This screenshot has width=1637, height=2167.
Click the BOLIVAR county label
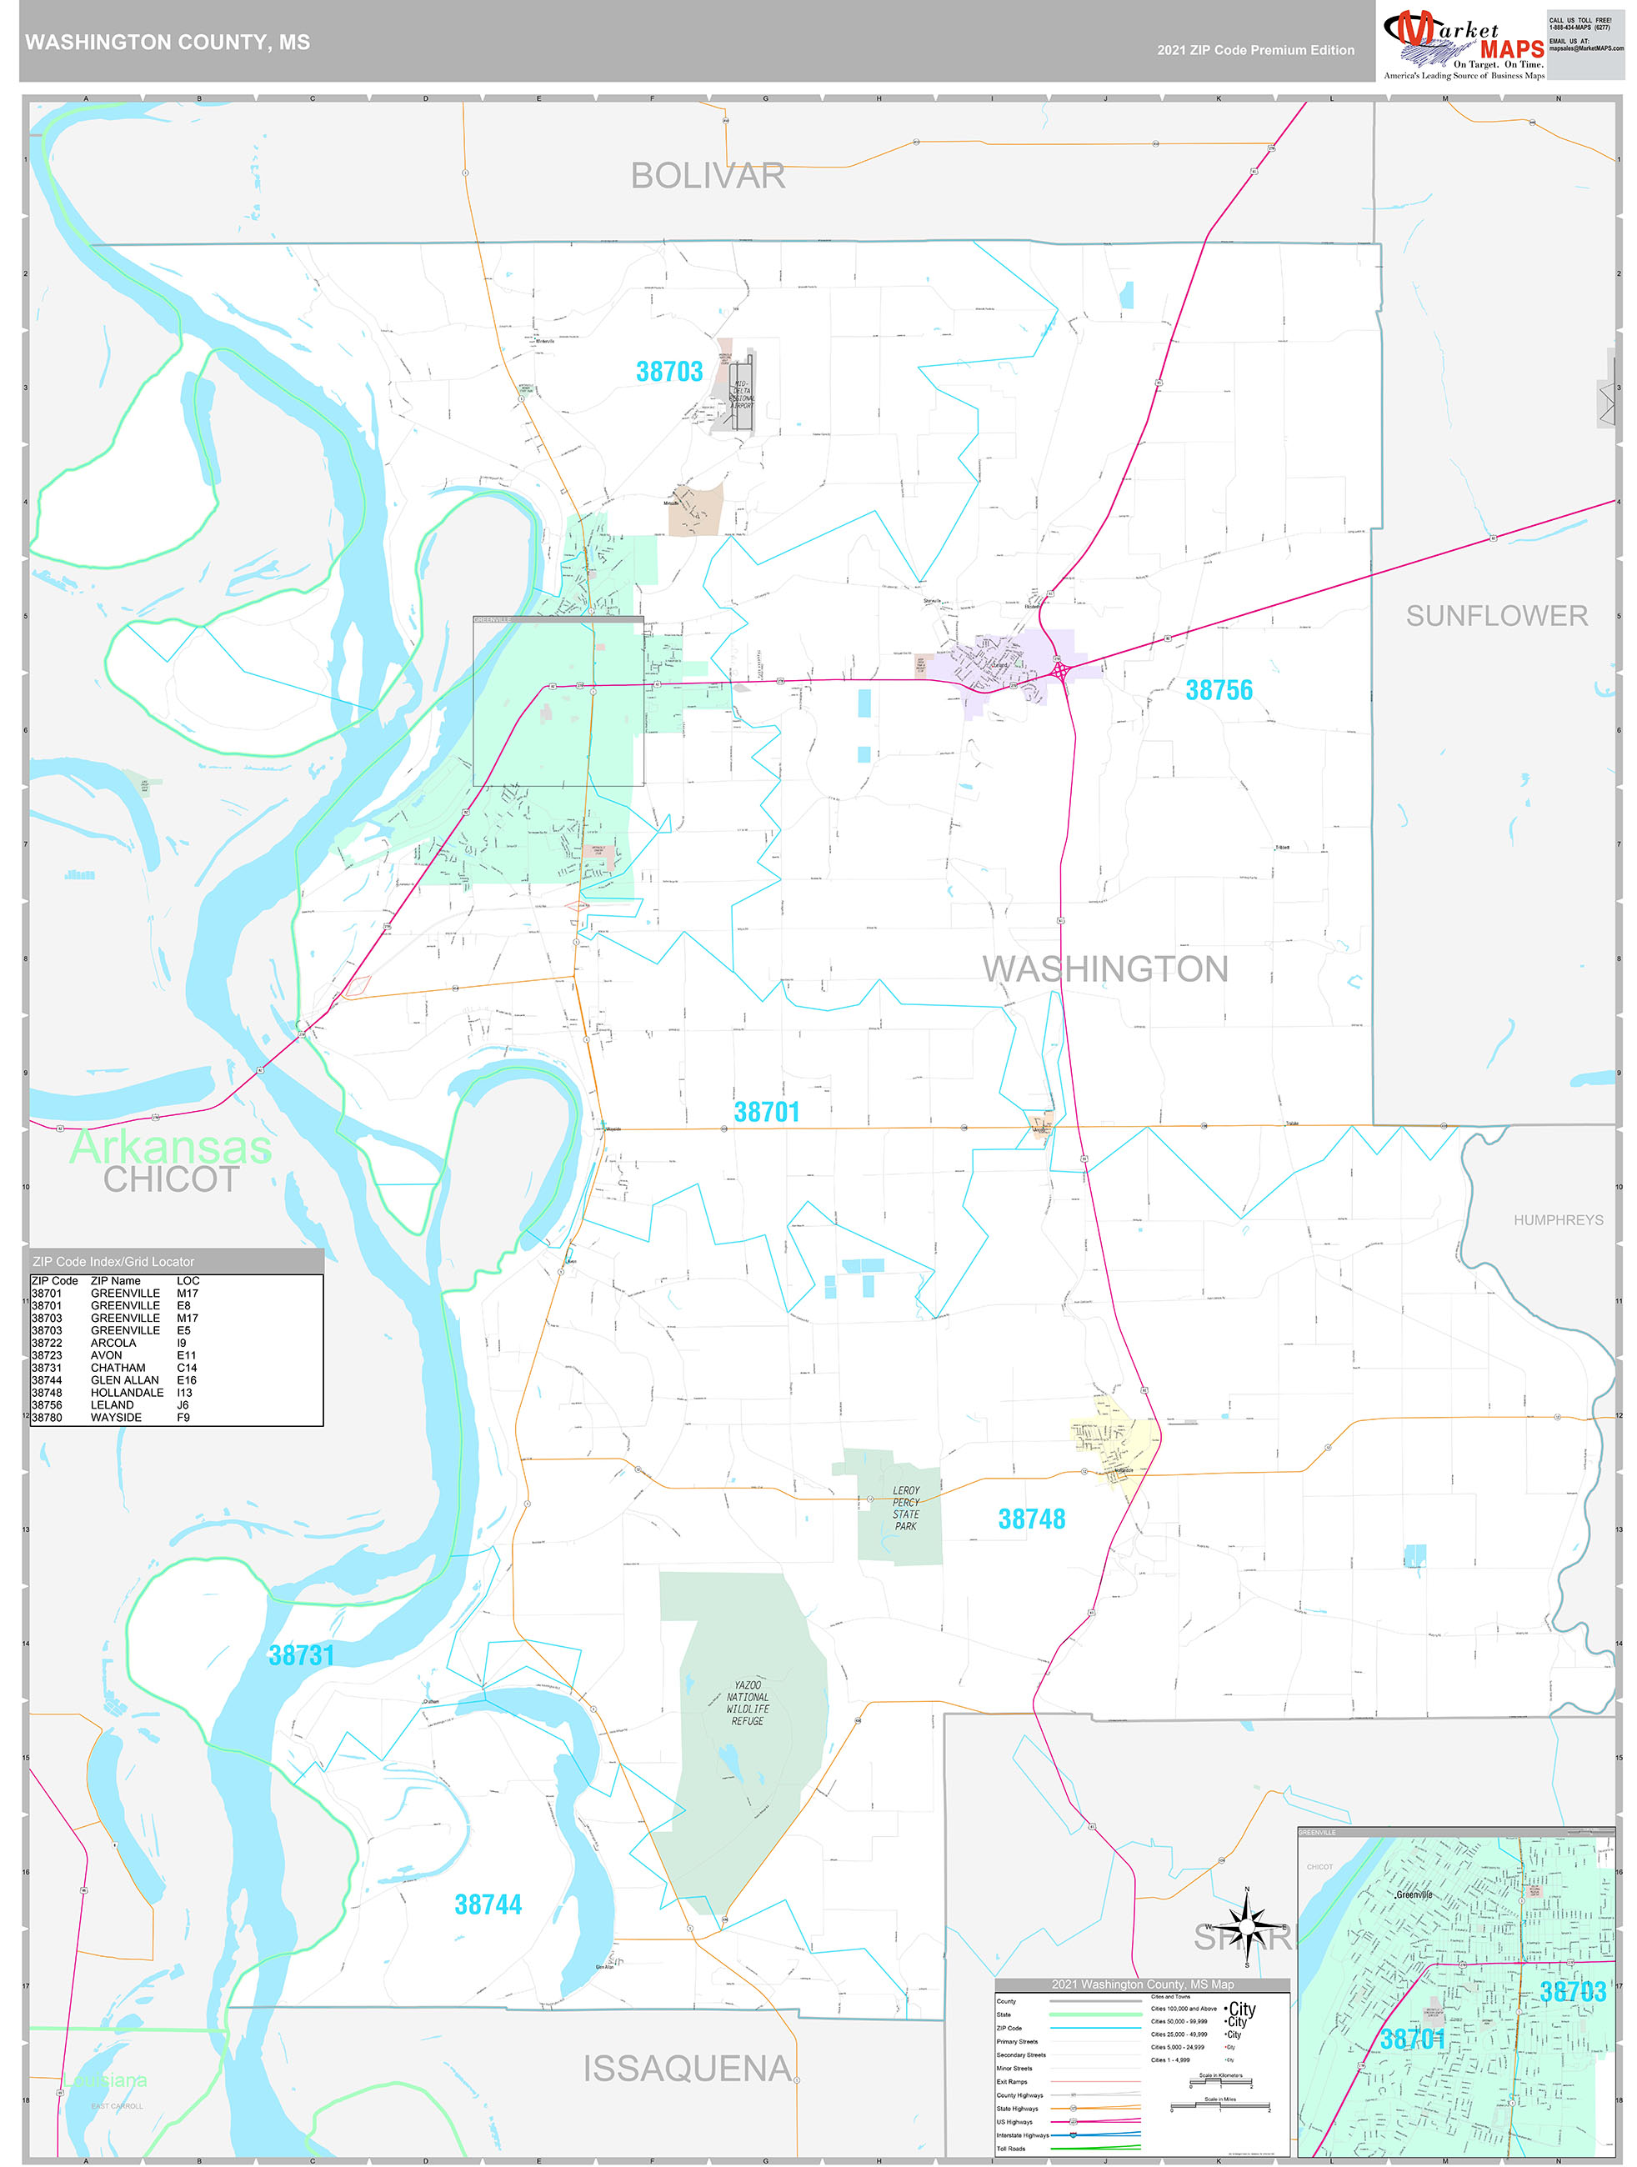click(x=708, y=177)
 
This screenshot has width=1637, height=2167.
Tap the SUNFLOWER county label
click(x=1496, y=615)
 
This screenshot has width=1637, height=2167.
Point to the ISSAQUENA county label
click(x=687, y=2068)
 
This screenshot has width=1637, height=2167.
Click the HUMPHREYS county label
click(x=1558, y=1219)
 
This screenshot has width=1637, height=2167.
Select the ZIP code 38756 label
click(x=1219, y=689)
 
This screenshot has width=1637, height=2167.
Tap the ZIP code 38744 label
click(x=488, y=1904)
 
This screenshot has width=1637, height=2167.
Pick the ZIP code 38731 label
click(x=302, y=1654)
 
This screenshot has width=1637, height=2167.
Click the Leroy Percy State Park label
click(x=905, y=1508)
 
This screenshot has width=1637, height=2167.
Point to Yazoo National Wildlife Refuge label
click(x=748, y=1703)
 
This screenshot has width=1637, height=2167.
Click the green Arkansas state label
click(x=171, y=1146)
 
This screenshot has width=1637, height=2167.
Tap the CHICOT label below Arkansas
click(x=172, y=1179)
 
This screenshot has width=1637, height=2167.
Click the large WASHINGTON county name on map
click(x=1104, y=968)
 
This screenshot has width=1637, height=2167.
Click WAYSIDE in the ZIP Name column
click(x=116, y=1418)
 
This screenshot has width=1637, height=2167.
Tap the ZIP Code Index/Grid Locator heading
click(x=113, y=1262)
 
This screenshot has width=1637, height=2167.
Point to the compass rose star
click(x=1246, y=1927)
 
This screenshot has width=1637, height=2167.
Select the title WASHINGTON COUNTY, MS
click(x=168, y=43)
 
